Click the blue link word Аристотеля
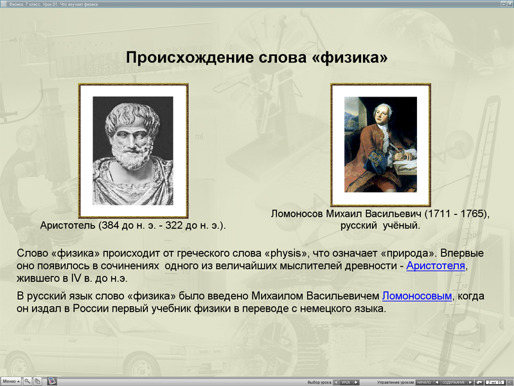pyautogui.click(x=435, y=266)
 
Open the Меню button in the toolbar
pyautogui.click(x=11, y=381)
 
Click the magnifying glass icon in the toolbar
pyautogui.click(x=28, y=381)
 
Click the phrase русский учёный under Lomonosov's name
pyautogui.click(x=380, y=226)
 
